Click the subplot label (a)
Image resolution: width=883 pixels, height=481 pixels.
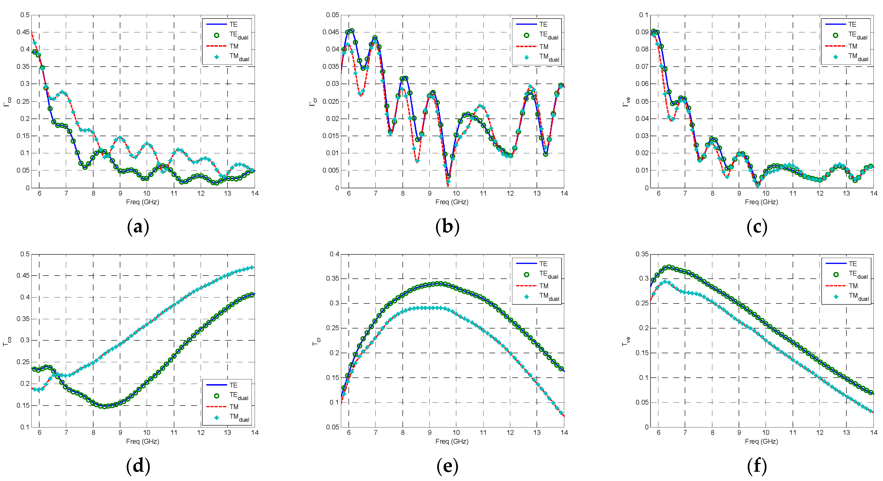[138, 227]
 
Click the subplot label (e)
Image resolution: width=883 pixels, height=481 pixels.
[447, 466]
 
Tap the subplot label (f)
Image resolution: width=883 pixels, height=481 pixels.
[757, 466]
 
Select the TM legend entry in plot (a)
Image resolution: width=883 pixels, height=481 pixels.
[234, 46]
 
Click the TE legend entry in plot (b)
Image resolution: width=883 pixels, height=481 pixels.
[543, 24]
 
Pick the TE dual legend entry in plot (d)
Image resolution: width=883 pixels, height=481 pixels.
[238, 396]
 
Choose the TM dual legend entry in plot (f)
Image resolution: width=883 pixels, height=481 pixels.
[858, 297]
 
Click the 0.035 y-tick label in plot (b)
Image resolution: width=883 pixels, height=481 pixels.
[330, 67]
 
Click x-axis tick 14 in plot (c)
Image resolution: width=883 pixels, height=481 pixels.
[873, 193]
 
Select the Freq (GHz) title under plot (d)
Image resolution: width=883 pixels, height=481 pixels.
[143, 441]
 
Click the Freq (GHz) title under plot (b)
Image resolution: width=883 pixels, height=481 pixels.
[452, 202]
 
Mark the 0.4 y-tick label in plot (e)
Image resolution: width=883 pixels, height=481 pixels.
[334, 254]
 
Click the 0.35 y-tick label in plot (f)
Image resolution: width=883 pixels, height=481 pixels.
[642, 254]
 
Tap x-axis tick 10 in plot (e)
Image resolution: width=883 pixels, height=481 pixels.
[456, 433]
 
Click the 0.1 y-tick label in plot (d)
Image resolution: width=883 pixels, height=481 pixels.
[25, 427]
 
